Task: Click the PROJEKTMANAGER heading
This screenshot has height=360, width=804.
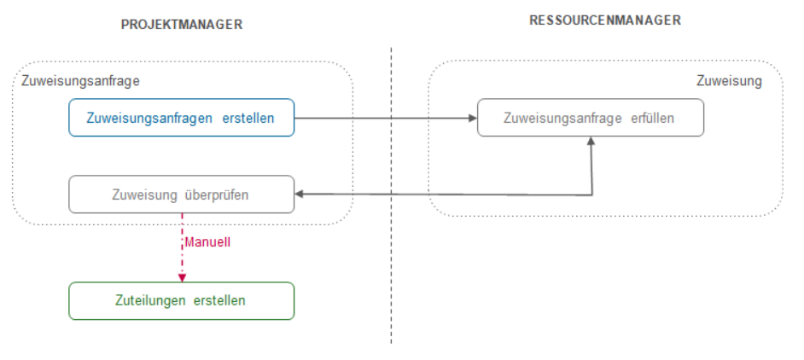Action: pyautogui.click(x=182, y=25)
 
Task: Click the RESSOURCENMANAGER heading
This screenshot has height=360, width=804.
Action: pyautogui.click(x=605, y=20)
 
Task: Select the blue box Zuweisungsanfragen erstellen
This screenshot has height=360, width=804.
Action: pyautogui.click(x=181, y=118)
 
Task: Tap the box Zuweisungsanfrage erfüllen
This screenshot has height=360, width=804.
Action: pyautogui.click(x=590, y=118)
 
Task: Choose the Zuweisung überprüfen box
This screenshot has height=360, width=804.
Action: pyautogui.click(x=181, y=195)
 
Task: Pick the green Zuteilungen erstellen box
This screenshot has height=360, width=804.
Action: pyautogui.click(x=181, y=300)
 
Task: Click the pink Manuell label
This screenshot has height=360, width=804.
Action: pyautogui.click(x=207, y=241)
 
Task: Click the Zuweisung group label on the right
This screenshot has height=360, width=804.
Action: pyautogui.click(x=728, y=82)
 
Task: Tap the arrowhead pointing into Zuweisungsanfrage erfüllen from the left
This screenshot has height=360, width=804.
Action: pyautogui.click(x=472, y=118)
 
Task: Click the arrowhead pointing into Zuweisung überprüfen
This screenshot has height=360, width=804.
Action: pyautogui.click(x=300, y=195)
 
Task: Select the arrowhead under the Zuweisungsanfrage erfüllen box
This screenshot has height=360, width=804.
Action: pyautogui.click(x=591, y=142)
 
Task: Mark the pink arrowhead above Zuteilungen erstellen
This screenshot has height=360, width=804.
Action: pyautogui.click(x=181, y=277)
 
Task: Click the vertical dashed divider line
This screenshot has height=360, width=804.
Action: pyautogui.click(x=392, y=256)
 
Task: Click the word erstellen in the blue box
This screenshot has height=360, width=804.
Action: pyautogui.click(x=248, y=118)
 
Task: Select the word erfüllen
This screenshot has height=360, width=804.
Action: pyautogui.click(x=652, y=118)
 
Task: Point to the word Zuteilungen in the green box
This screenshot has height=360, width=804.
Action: pyautogui.click(x=151, y=300)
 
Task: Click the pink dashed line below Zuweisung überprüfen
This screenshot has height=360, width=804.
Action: pyautogui.click(x=181, y=256)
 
